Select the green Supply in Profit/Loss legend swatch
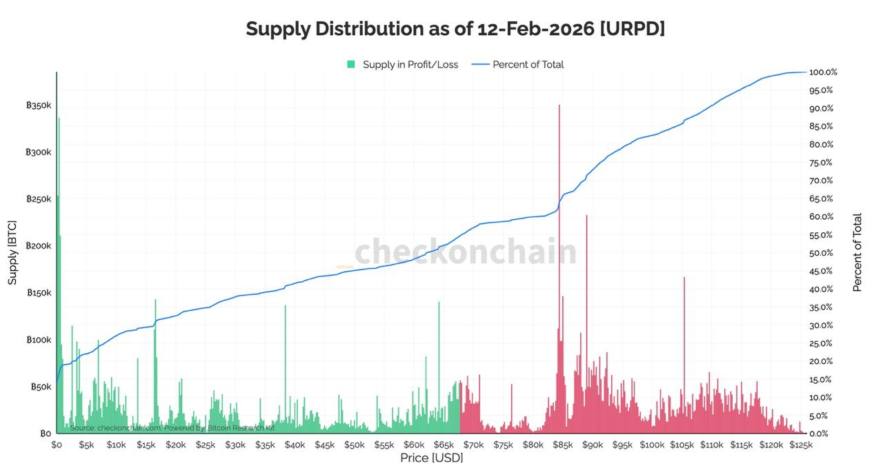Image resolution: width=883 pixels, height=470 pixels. click(350, 64)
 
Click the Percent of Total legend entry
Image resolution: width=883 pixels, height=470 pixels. click(528, 64)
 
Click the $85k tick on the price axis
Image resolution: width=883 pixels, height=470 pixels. click(563, 445)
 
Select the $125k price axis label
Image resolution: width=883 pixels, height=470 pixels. click(801, 445)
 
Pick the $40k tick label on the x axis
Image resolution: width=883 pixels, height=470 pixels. click(295, 445)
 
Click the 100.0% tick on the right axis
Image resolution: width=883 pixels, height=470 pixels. click(822, 72)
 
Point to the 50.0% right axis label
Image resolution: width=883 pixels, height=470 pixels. click(821, 253)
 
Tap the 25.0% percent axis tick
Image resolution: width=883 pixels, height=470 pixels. click(821, 343)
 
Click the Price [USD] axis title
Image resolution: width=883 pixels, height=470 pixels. click(431, 458)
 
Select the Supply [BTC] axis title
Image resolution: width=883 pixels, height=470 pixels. click(12, 253)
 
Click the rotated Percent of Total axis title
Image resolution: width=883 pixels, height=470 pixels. click(857, 253)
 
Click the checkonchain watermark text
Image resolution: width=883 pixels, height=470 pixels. click(466, 252)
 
